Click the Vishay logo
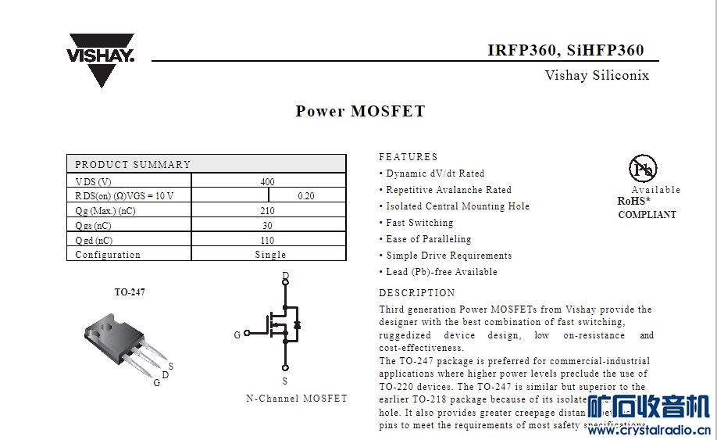pyautogui.click(x=101, y=59)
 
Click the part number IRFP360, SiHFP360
pyautogui.click(x=565, y=50)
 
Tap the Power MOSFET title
pyautogui.click(x=360, y=111)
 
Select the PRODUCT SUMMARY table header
pyautogui.click(x=133, y=164)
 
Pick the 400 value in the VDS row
pyautogui.click(x=267, y=181)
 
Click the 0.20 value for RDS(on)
pyautogui.click(x=306, y=196)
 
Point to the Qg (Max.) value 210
pyautogui.click(x=267, y=211)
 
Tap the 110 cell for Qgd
pyautogui.click(x=267, y=241)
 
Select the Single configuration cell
pyautogui.click(x=270, y=255)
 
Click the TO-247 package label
pyautogui.click(x=130, y=292)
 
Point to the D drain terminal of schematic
pyautogui.click(x=285, y=276)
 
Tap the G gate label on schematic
pyautogui.click(x=237, y=335)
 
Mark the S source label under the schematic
pyautogui.click(x=285, y=381)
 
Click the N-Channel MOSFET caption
pyautogui.click(x=296, y=399)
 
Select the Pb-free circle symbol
pyautogui.click(x=643, y=168)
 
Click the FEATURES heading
pyautogui.click(x=408, y=157)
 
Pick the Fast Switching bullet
pyautogui.click(x=419, y=223)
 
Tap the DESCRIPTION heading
pyautogui.click(x=416, y=293)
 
